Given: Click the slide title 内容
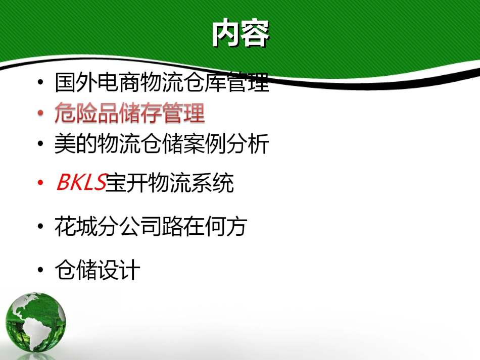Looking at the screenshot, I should [x=240, y=34].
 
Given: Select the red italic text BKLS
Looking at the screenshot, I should [x=81, y=183].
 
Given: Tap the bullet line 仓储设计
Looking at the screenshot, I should [x=97, y=271].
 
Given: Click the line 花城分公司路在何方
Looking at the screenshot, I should [x=151, y=227].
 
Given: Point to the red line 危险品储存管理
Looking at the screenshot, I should [x=129, y=114].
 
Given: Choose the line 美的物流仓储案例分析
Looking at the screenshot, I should [x=162, y=144].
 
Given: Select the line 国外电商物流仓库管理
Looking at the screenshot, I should [x=162, y=83].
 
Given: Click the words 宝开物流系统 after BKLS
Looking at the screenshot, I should [x=170, y=183].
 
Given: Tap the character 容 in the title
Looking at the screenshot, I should [x=255, y=34].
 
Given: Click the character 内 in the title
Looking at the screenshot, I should [x=226, y=34].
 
